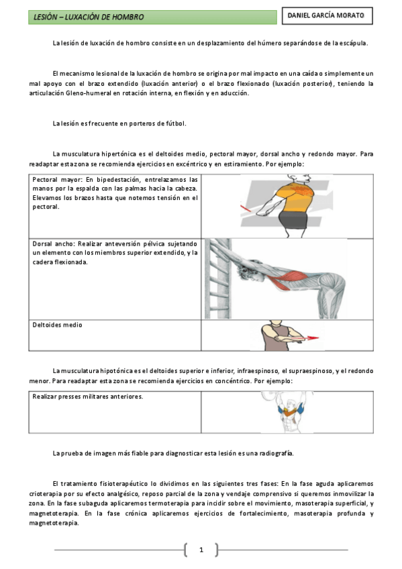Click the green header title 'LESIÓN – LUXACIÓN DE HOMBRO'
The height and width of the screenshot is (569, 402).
pos(89,16)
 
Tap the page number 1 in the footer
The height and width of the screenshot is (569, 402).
pos(201,550)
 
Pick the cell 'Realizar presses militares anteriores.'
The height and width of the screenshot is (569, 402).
pos(88,397)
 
